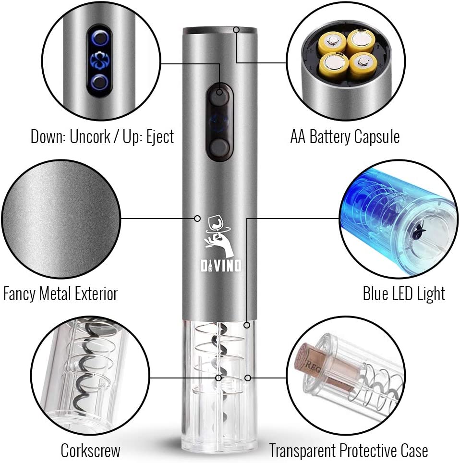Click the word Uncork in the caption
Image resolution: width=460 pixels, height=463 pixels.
click(89, 137)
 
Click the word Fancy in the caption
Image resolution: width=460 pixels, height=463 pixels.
click(19, 294)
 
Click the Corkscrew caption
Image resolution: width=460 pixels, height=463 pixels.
click(90, 451)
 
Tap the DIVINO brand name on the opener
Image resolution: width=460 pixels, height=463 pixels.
click(221, 266)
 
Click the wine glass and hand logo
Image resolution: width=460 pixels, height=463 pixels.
click(219, 236)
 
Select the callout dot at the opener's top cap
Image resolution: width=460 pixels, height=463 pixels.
click(236, 29)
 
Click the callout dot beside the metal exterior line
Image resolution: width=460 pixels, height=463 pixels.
click(197, 219)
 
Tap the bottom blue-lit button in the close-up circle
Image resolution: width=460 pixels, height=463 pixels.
click(100, 83)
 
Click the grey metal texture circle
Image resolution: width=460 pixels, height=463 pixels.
click(61, 219)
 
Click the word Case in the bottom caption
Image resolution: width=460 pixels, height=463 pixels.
click(414, 451)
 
